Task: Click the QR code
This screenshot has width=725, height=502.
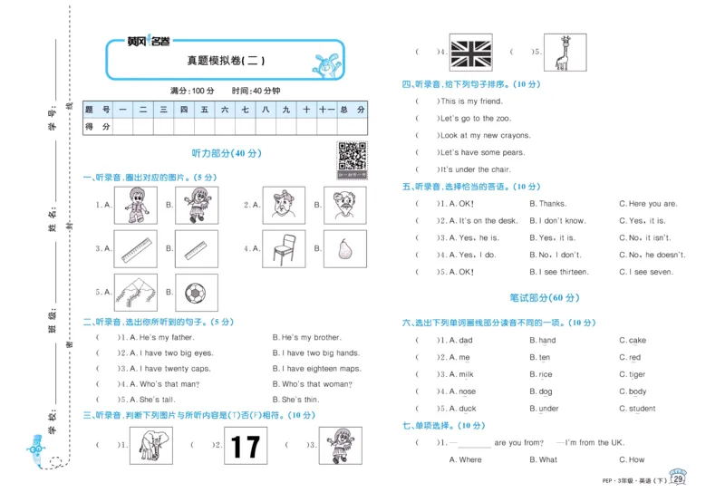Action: pyautogui.click(x=353, y=157)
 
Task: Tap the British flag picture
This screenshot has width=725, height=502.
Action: pyautogui.click(x=471, y=52)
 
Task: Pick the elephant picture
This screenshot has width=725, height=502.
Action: pyautogui.click(x=150, y=445)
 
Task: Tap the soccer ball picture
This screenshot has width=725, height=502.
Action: pyautogui.click(x=194, y=293)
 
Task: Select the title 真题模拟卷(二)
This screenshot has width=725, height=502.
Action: pyautogui.click(x=225, y=61)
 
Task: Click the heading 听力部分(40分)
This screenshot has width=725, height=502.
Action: pyautogui.click(x=226, y=154)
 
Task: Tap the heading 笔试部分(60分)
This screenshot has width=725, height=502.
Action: pyautogui.click(x=545, y=298)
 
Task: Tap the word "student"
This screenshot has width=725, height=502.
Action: pyautogui.click(x=642, y=409)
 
